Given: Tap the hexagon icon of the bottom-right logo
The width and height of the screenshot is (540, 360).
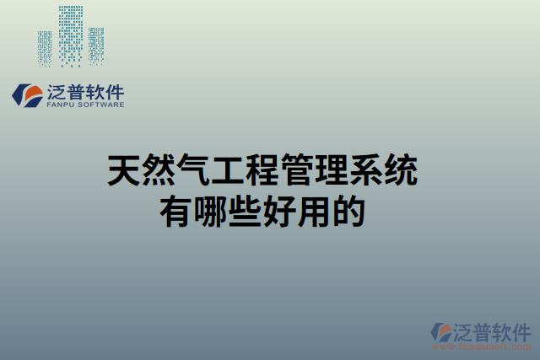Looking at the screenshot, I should tap(441, 333).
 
